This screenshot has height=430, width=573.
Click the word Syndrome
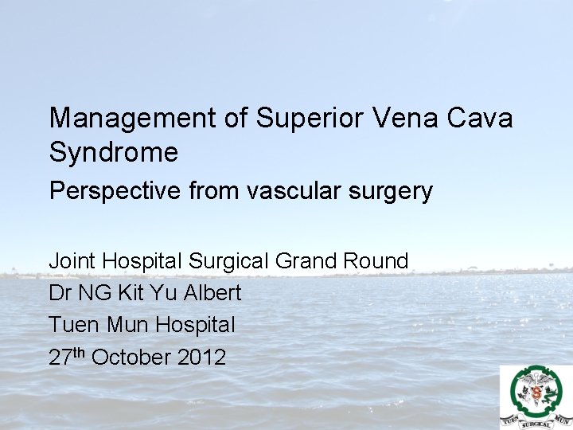114,152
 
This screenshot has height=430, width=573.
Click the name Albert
212,293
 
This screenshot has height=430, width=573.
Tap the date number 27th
67,357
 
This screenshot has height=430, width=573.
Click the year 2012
201,358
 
